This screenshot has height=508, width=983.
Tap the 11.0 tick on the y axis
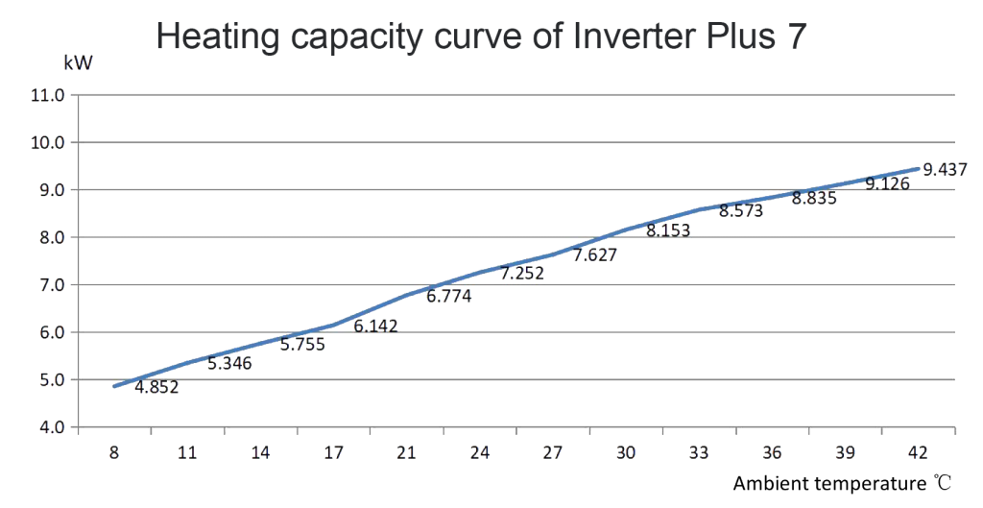48,95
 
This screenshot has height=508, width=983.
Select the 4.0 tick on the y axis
48,426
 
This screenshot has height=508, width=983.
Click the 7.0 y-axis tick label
48,284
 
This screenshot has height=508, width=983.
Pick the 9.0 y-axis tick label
48,190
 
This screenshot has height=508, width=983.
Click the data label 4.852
156,388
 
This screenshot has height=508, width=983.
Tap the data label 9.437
945,169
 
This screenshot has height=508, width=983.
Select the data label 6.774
448,297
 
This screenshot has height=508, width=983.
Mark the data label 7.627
595,255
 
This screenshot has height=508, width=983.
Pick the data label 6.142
375,326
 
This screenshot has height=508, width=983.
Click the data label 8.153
668,230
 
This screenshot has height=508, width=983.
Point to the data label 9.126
888,182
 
